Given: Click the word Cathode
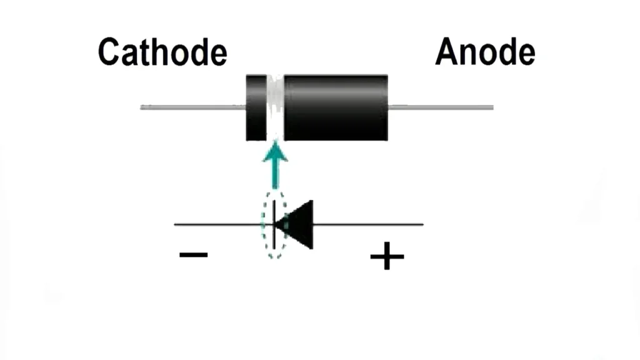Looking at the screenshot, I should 162,52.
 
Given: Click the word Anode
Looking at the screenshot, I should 485,52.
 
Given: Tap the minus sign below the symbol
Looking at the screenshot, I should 193,255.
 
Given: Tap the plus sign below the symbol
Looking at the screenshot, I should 387,256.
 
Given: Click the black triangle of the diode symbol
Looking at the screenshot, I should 298,224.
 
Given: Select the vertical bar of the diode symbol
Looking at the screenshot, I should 274,224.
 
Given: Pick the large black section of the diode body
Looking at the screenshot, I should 336,107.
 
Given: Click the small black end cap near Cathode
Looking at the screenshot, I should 256,107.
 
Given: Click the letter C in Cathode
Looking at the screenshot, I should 109,52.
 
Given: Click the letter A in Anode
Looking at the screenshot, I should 447,52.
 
